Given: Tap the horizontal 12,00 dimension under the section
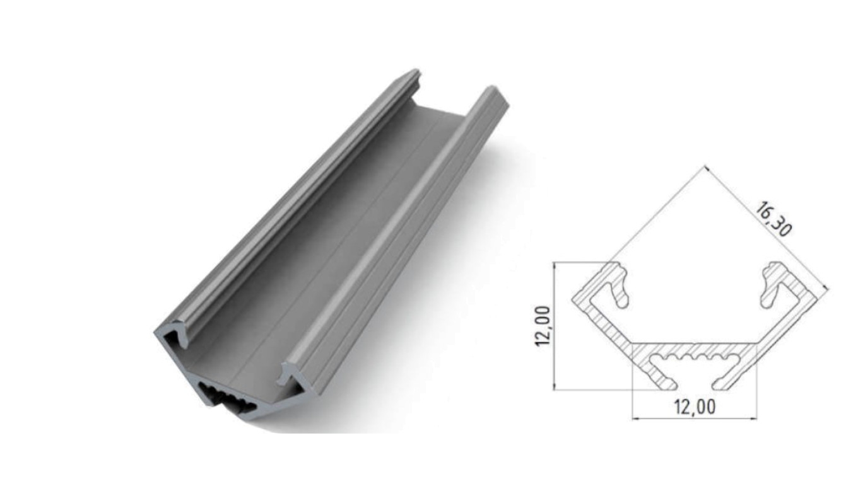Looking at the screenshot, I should pyautogui.click(x=695, y=407).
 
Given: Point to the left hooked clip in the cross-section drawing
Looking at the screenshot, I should pyautogui.click(x=618, y=286).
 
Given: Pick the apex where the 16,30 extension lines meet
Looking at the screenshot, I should pyautogui.click(x=704, y=167).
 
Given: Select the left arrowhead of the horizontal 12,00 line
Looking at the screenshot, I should pyautogui.click(x=635, y=417).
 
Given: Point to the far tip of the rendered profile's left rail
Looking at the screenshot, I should pyautogui.click(x=413, y=73).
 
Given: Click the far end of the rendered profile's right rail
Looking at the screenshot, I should pyautogui.click(x=495, y=91).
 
